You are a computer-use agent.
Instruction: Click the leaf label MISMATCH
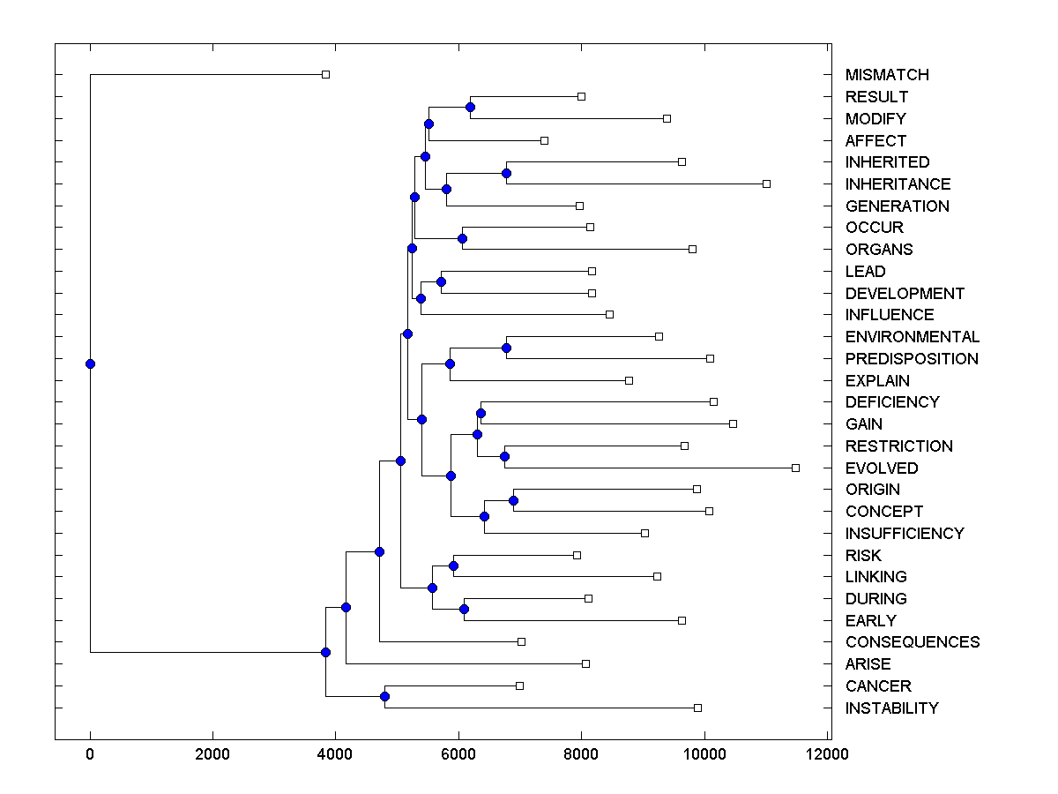coord(887,75)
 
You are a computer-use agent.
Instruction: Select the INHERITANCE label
coord(898,184)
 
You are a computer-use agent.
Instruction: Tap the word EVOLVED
coord(882,468)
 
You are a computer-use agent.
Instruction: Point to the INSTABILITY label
coord(891,708)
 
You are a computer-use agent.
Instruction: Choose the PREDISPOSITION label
coord(912,359)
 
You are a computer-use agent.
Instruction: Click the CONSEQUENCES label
coord(913,642)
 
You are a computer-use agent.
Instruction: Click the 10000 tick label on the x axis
coord(704,754)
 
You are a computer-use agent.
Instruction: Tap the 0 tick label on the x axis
coord(90,754)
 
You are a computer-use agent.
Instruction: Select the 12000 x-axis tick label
coord(827,754)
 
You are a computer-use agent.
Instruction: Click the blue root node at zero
coord(90,363)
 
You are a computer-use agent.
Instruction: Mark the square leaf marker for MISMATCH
coord(325,74)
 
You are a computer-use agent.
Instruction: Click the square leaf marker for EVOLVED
coord(795,468)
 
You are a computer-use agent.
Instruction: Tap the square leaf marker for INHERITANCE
coord(766,184)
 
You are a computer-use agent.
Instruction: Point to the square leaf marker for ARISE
coord(585,663)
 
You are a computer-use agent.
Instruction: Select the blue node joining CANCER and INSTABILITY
coord(384,697)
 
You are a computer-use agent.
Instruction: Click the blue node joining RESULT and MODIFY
coord(470,108)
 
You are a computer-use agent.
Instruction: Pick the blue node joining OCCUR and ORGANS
coord(462,238)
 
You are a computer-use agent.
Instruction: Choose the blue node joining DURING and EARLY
coord(464,610)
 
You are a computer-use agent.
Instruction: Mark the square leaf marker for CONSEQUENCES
coord(521,641)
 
